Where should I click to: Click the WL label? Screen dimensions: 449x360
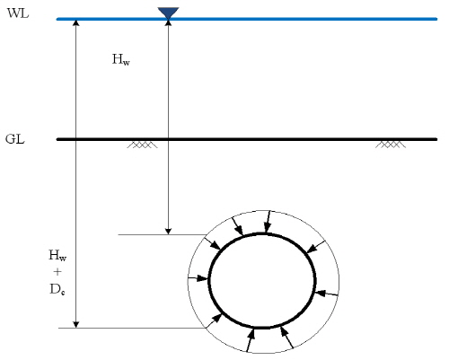click(x=18, y=13)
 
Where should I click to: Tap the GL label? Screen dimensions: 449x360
click(x=15, y=139)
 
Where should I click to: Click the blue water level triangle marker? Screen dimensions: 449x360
click(x=168, y=13)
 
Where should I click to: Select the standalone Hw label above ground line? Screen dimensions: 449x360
click(x=121, y=59)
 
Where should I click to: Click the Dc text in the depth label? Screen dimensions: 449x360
click(x=57, y=289)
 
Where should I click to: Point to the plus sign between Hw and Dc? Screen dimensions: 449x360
click(x=57, y=272)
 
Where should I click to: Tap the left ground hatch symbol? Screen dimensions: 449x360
click(x=142, y=145)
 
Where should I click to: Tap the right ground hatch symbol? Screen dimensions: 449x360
click(x=391, y=145)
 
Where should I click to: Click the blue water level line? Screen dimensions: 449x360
click(x=247, y=19)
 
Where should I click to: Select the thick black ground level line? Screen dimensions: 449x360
click(x=247, y=139)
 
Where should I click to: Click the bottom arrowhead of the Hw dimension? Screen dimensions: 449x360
click(x=168, y=232)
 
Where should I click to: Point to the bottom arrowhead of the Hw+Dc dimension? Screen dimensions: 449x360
click(x=76, y=325)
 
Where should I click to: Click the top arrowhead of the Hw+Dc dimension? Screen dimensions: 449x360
click(x=76, y=22)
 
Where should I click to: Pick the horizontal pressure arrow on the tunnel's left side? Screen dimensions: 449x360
click(x=198, y=278)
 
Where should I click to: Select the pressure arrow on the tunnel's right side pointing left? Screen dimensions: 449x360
click(x=327, y=294)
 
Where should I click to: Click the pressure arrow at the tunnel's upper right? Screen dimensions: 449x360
click(x=316, y=247)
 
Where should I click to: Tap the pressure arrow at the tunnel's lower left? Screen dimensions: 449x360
click(x=215, y=320)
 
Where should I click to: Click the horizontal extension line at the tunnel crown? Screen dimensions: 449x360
click(x=162, y=234)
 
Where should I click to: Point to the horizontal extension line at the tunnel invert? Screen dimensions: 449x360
click(x=132, y=328)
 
